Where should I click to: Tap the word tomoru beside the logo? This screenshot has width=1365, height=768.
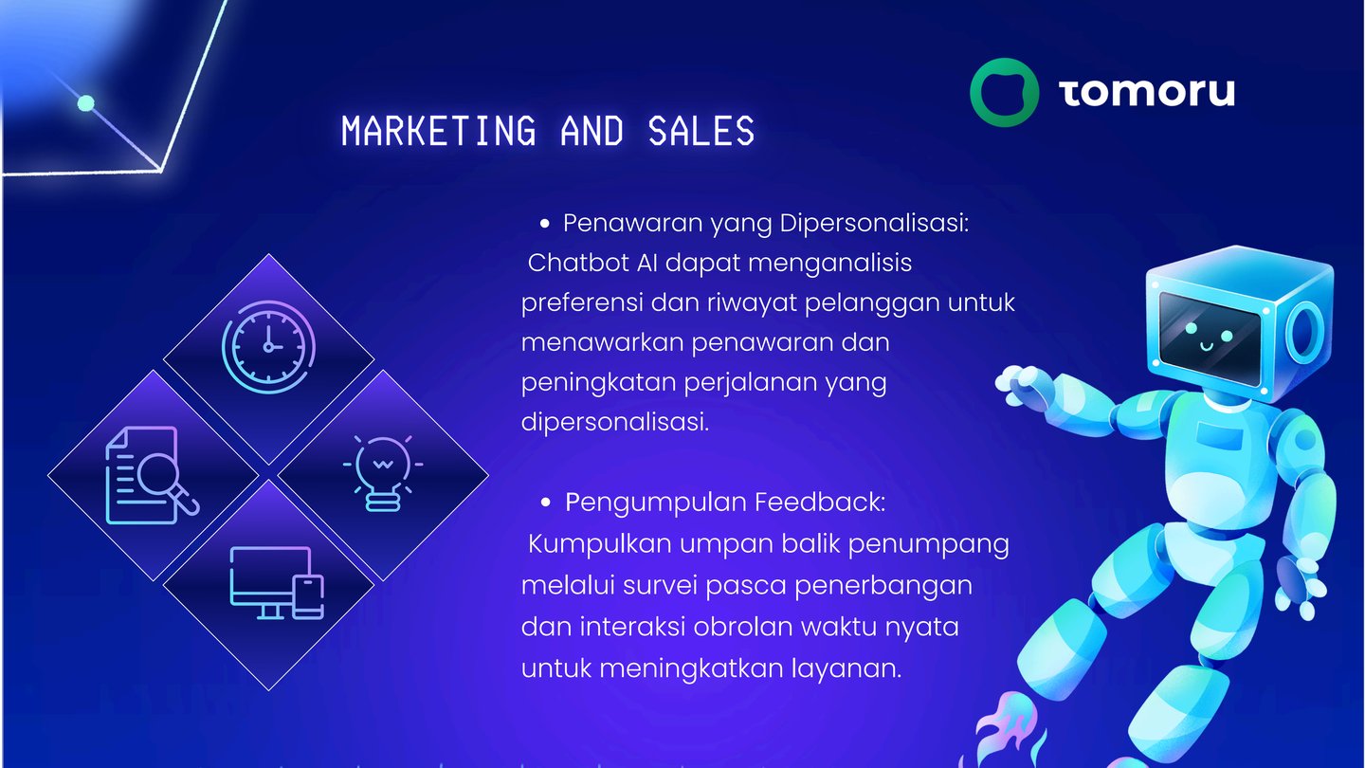point(1146,93)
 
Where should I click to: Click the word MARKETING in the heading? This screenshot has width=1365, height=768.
point(439,131)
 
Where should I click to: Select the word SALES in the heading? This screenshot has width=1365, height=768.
point(701,131)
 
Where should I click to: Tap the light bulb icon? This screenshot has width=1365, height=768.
point(383,473)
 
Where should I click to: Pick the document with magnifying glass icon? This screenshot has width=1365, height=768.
point(152,475)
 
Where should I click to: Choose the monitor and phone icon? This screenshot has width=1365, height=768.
point(277,583)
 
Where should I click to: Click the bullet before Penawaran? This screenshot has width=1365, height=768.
point(544,225)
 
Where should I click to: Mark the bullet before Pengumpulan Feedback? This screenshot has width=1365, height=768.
point(545,503)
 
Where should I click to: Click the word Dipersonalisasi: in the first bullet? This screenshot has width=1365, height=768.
point(874,224)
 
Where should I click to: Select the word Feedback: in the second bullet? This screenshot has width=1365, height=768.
point(820,503)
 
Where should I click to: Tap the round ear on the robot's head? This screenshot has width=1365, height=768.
point(1304,332)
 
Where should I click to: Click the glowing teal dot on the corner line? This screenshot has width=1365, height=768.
point(86,103)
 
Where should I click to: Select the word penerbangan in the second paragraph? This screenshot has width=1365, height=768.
point(883,586)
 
